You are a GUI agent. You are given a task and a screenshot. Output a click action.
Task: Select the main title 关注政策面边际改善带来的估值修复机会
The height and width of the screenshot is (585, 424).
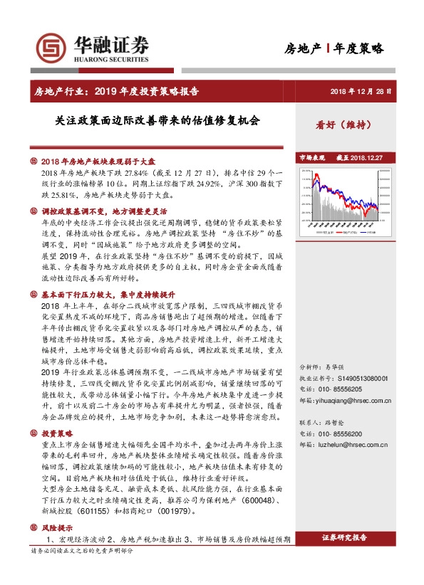pyautogui.click(x=157, y=121)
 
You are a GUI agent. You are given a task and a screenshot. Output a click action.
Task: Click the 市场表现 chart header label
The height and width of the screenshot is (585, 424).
pyautogui.click(x=311, y=157)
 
